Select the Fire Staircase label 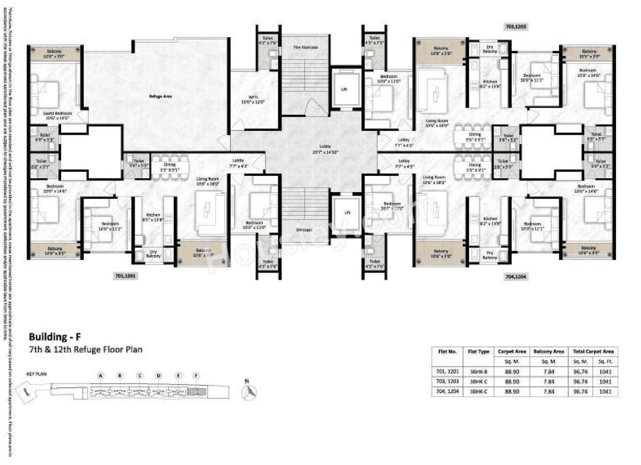[x=306, y=47]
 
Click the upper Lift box [x=346, y=88]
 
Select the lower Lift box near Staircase [x=346, y=213]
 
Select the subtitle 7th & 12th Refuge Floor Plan [x=85, y=350]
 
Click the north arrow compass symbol [x=249, y=392]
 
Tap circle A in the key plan [x=101, y=375]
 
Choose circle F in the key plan [x=196, y=375]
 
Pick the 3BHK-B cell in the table [x=478, y=371]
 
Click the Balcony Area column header [x=550, y=351]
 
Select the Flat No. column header [x=447, y=351]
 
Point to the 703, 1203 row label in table [x=447, y=381]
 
